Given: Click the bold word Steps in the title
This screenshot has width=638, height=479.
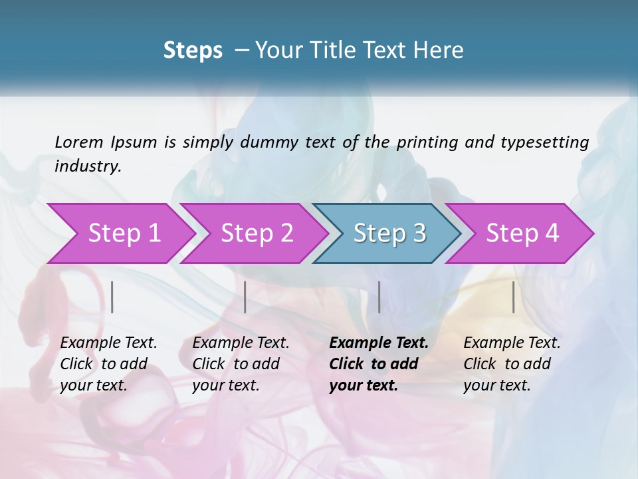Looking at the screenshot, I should (x=193, y=51).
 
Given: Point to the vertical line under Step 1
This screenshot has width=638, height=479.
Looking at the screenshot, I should (x=112, y=297).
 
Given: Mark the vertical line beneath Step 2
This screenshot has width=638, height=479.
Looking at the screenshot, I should (x=245, y=297).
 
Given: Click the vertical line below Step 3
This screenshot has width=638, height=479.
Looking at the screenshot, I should (x=379, y=297).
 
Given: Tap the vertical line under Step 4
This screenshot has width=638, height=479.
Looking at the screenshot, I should (x=513, y=297).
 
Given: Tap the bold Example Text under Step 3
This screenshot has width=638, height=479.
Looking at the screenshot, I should (x=379, y=343).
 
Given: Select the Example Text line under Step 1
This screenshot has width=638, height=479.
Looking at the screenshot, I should (x=108, y=343).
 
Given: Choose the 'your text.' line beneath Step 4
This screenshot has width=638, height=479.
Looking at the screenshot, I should (x=496, y=385).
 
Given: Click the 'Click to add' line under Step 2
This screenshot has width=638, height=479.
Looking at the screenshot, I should (x=236, y=364).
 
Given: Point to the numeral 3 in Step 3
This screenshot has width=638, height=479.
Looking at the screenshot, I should (x=419, y=233).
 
